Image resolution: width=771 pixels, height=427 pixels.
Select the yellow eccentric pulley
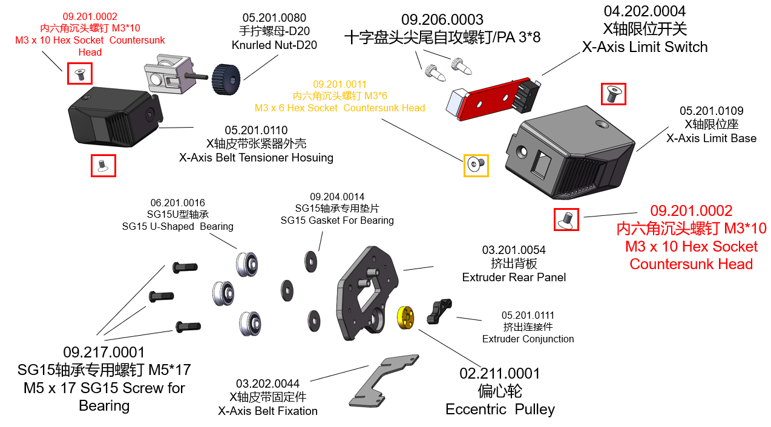(x=405, y=318)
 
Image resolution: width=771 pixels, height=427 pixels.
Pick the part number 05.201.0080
(x=274, y=18)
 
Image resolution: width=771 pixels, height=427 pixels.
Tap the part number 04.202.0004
(x=645, y=11)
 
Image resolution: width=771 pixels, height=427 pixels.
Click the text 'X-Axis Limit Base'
(x=711, y=139)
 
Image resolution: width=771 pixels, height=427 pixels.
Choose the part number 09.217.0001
(x=104, y=352)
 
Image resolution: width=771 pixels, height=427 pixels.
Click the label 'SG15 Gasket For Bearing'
(x=337, y=220)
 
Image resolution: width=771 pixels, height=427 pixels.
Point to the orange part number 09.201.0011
(x=340, y=85)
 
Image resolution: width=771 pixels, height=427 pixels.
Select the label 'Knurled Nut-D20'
(x=274, y=45)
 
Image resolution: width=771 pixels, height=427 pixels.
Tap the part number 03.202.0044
(x=267, y=384)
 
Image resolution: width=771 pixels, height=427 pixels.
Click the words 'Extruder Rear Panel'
(x=514, y=278)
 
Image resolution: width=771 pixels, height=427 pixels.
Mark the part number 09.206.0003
(x=442, y=20)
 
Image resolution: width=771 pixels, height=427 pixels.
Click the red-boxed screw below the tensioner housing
(x=103, y=166)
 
